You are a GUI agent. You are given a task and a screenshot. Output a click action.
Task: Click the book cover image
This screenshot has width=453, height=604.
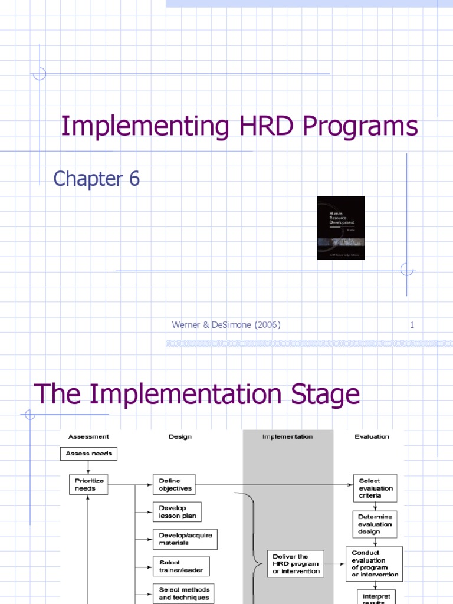340,228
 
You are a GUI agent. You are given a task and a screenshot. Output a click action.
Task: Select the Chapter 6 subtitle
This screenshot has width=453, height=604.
97,178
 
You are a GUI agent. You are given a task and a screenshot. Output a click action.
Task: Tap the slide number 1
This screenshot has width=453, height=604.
412,324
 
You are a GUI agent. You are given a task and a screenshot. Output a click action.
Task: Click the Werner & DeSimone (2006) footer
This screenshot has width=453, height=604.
226,324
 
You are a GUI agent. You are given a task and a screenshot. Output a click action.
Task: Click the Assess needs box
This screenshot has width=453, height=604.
89,454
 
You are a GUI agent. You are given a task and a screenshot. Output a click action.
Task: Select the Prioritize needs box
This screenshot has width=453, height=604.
89,485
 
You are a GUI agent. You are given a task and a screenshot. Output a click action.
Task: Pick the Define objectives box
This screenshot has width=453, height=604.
173,485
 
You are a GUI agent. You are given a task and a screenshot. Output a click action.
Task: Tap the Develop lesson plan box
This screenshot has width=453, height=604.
177,512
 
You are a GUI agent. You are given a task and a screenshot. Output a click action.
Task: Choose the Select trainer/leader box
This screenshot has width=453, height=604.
181,566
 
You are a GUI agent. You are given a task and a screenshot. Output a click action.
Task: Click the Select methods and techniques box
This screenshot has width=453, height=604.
184,593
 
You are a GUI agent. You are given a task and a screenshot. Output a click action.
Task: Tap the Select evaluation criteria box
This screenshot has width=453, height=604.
375,488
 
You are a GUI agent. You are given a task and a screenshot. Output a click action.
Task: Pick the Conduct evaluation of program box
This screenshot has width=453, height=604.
375,564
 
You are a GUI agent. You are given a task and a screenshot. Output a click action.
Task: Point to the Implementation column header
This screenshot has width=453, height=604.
287,436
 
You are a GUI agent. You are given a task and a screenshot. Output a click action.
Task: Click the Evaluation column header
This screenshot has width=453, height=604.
372,436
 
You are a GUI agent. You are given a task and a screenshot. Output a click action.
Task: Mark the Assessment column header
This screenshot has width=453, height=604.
88,436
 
